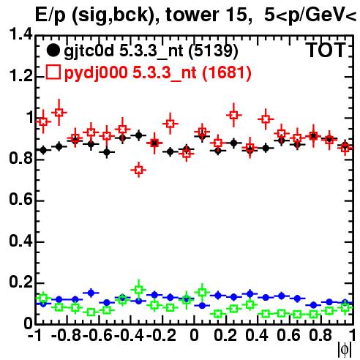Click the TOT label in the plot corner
(326, 50)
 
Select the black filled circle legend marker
(53, 50)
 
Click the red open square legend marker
(53, 72)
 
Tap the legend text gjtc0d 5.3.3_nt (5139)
(151, 51)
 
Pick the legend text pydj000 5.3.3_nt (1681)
(157, 73)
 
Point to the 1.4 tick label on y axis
(20, 34)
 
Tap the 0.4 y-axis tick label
(20, 241)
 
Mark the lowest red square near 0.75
(139, 170)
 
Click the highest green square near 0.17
(139, 290)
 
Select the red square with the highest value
(59, 113)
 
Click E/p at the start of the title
(50, 15)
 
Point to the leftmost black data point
(43, 150)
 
